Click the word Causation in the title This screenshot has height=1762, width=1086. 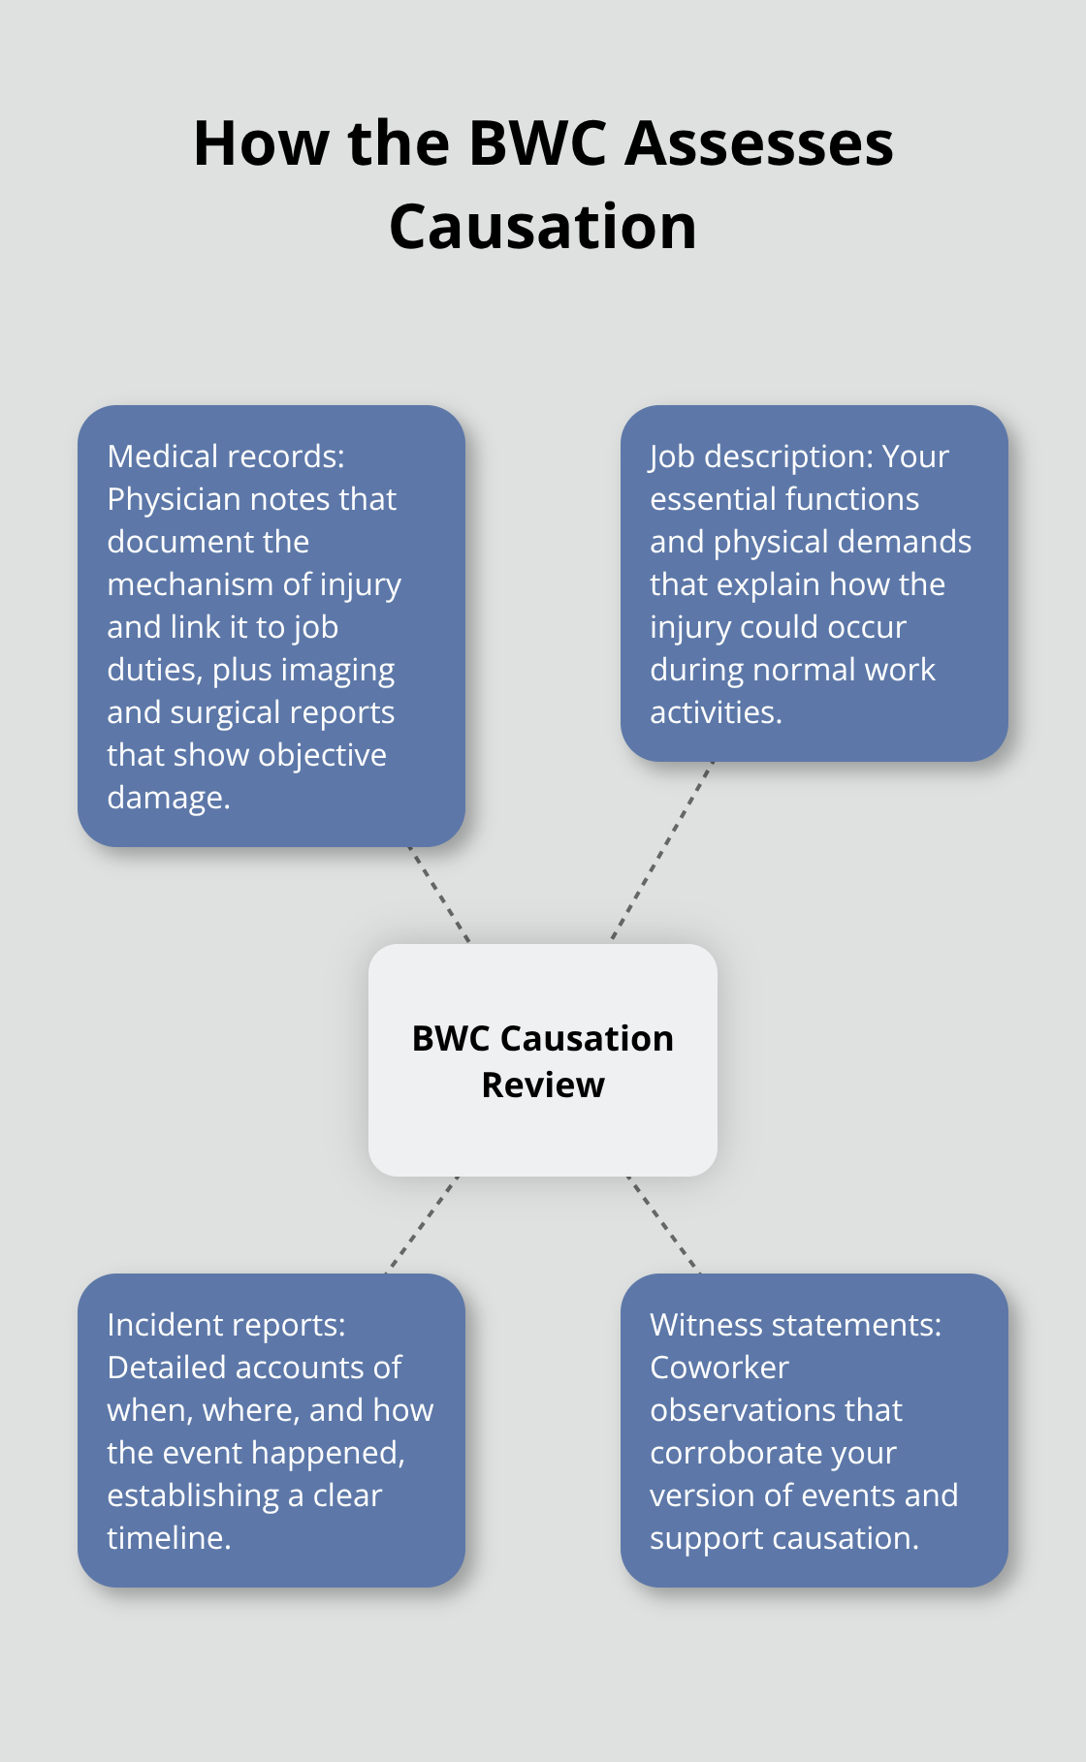543,227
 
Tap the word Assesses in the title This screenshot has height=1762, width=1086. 758,143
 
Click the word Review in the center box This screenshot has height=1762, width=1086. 543,1086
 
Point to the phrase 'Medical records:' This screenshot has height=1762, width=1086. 226,456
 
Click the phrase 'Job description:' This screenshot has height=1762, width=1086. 747,456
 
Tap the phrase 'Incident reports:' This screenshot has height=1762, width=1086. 226,1325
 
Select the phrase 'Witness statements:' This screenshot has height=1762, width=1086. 795,1325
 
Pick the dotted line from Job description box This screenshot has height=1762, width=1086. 662,851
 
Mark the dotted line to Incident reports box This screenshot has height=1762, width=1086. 423,1223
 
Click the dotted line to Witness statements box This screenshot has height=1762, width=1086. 663,1224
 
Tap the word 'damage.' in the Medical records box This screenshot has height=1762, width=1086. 169,798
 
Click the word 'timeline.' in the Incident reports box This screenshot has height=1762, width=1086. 169,1538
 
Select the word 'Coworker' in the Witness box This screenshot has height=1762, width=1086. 719,1368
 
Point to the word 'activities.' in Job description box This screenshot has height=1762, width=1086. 716,712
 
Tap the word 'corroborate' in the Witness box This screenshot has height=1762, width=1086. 773,1453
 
